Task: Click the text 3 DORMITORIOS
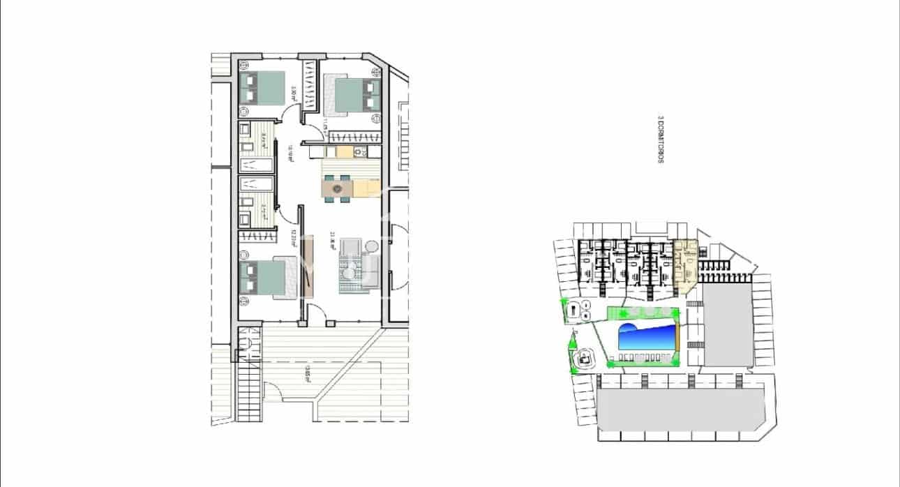click(659, 144)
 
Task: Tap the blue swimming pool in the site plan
click(648, 339)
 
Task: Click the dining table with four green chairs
click(337, 188)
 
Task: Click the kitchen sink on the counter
click(359, 151)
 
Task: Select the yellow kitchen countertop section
click(366, 188)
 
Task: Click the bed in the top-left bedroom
click(262, 88)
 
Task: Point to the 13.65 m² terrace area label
click(307, 374)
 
